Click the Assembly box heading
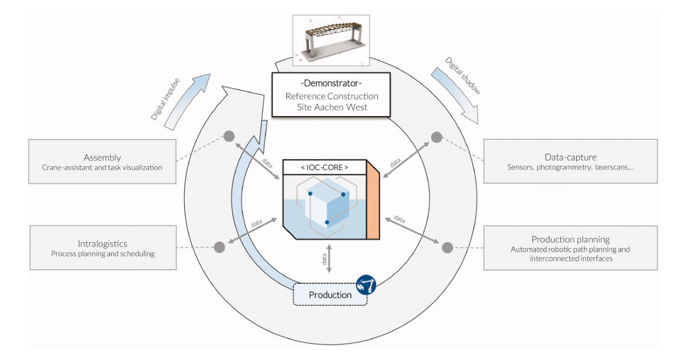(x=102, y=157)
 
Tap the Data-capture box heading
(x=570, y=157)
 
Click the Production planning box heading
(x=570, y=239)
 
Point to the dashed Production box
(x=330, y=295)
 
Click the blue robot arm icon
(x=366, y=284)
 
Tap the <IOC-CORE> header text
(x=324, y=167)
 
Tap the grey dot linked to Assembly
(x=229, y=136)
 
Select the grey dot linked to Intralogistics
(x=219, y=247)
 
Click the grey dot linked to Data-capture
(x=436, y=137)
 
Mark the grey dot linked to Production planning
(x=447, y=247)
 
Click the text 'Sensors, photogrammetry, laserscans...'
(x=570, y=167)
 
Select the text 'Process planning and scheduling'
(x=103, y=253)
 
